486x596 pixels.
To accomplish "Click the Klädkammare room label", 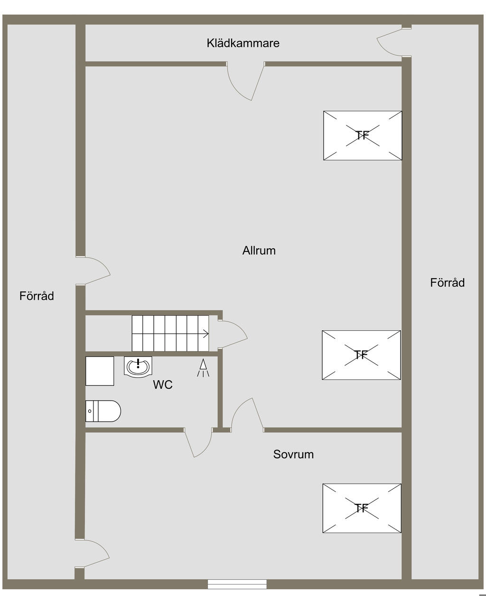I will click(243, 43).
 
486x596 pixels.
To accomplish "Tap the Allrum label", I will click(259, 250).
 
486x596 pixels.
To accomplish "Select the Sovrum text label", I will click(293, 454).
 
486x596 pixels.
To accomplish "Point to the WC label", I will click(162, 385).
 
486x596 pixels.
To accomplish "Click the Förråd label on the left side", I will click(37, 296).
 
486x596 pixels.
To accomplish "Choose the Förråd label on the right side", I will click(447, 283).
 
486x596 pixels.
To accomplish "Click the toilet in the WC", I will click(103, 411).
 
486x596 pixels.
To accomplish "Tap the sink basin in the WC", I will click(138, 366).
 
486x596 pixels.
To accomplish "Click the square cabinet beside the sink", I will click(100, 371).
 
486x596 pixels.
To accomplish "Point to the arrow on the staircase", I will click(205, 334).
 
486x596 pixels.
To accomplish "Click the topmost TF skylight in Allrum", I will click(363, 135).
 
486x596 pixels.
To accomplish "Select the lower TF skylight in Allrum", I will click(361, 355).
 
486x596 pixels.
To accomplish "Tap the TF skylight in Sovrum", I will click(362, 509).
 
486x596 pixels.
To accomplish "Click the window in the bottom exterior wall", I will click(237, 584).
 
